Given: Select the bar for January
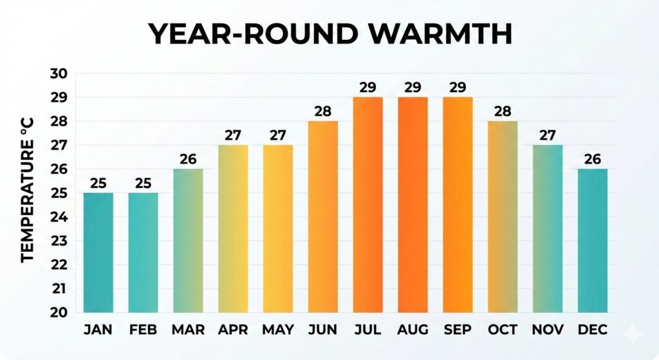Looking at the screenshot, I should tap(98, 252).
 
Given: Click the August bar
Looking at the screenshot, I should tap(413, 205).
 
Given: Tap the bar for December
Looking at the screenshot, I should tap(593, 241).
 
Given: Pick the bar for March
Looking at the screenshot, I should tap(188, 241).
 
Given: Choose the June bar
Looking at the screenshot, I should tap(322, 217).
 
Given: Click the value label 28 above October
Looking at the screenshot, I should tap(503, 111).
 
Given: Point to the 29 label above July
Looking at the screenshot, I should tap(367, 87).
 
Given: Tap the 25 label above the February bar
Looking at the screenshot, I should tap(143, 183).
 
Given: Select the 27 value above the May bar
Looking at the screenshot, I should tap(277, 135).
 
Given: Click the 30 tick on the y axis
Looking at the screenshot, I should tap(59, 73).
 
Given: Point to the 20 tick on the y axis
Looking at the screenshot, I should tap(59, 312).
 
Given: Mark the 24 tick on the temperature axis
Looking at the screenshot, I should tap(59, 217).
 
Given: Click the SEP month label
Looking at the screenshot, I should tap(458, 330).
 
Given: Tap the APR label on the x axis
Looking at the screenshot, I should tap(233, 330).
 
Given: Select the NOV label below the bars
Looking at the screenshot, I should tap(548, 330).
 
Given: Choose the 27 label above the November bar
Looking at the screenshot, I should tap(548, 135).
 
